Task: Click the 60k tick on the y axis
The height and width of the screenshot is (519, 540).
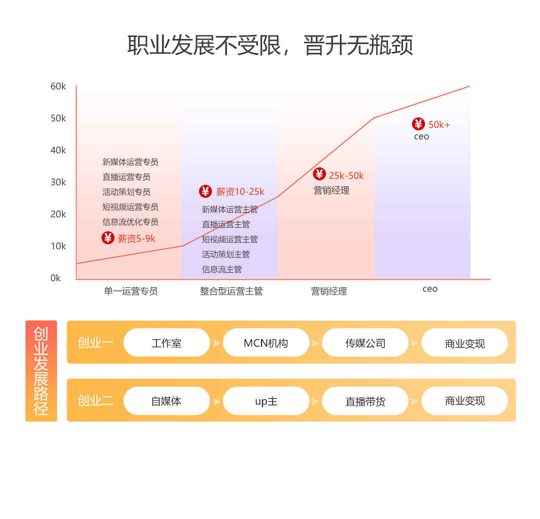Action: coord(58,86)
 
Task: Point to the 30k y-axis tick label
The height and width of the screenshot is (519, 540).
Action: coord(58,182)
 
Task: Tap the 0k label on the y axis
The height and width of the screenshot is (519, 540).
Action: coord(55,278)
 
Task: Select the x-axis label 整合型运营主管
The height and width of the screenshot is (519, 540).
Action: coord(231,291)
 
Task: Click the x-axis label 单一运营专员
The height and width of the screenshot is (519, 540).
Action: coord(131,291)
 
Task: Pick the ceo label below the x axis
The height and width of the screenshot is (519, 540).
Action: coord(430,289)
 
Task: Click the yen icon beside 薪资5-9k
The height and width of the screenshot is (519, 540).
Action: coord(108,238)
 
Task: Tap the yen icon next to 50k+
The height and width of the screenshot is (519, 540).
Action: coord(418,124)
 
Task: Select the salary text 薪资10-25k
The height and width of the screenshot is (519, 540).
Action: coord(240,192)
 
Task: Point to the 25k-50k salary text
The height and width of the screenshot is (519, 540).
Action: coord(346,175)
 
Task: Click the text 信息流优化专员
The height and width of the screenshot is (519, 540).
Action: coord(130,222)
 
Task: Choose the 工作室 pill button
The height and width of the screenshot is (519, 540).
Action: coord(166,343)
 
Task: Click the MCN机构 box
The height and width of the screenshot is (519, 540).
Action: coord(266,343)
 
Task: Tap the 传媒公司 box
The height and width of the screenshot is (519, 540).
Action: coord(365,343)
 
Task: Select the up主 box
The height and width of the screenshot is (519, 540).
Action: coord(266,401)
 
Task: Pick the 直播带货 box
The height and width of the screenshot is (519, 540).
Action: coord(365,401)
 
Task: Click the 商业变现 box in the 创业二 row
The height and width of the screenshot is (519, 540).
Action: coord(464,401)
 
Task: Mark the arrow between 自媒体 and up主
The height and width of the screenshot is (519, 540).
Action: coord(216,401)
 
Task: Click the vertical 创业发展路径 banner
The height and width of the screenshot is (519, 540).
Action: coord(41,371)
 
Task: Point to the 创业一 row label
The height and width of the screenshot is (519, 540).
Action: coord(95,343)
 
